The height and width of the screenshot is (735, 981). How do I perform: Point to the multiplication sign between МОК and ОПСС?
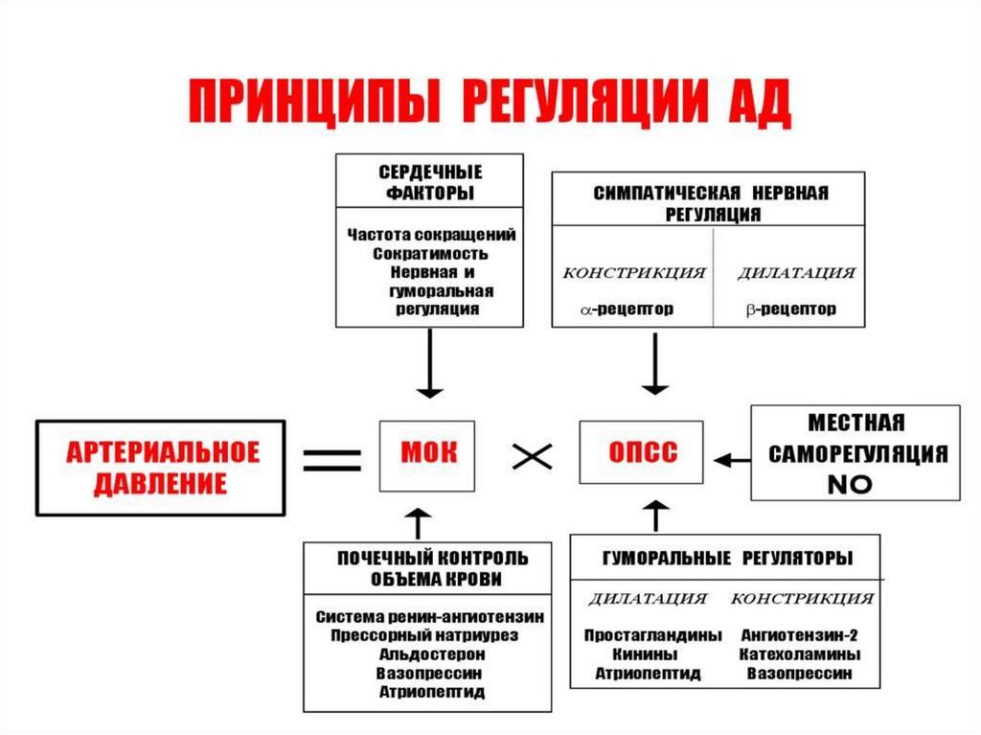pos(533,458)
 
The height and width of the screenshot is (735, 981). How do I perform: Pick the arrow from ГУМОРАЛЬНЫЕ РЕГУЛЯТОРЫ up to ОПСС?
pos(656,516)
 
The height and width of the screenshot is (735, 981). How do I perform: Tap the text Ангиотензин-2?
pos(799,634)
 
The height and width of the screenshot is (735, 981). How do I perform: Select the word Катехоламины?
pos(799,654)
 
